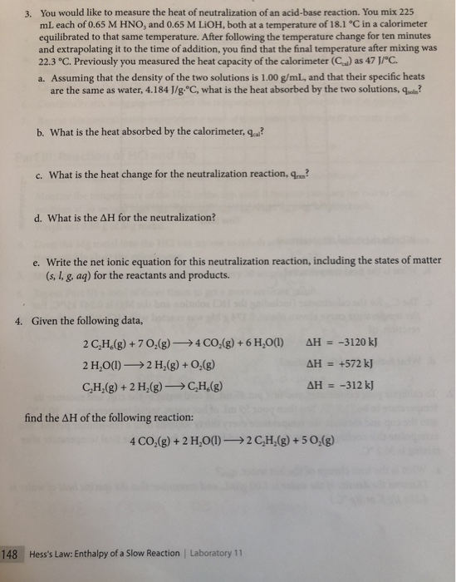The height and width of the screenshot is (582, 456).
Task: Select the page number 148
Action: pos(11,554)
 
